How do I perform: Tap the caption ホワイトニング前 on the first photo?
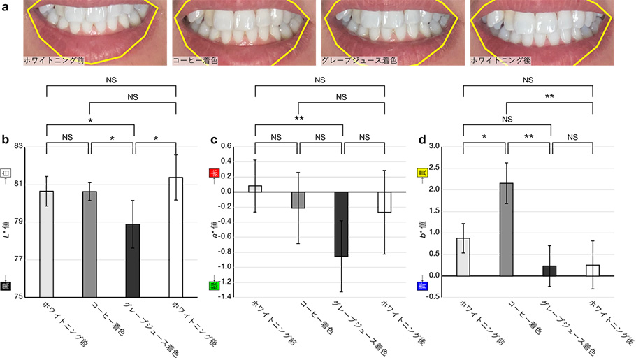54,61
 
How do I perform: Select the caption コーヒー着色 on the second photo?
195,61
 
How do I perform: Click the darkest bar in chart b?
133,260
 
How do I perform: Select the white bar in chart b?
175,237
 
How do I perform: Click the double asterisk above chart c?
298,119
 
